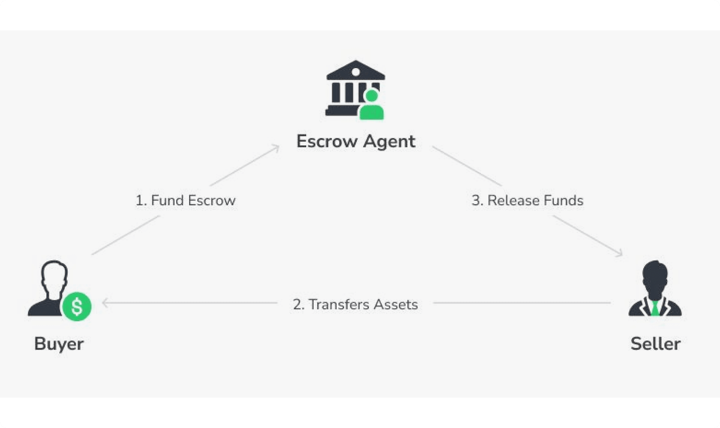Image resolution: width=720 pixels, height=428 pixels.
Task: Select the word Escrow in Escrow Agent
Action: pos(327,141)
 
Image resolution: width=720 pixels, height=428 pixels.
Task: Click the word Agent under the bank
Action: pos(389,142)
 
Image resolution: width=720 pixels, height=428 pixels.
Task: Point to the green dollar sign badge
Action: pos(77,306)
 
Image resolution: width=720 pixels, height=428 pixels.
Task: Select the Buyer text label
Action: pos(59,344)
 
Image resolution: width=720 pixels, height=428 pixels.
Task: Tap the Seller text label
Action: pos(655,344)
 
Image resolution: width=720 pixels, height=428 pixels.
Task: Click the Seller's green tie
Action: pos(655,308)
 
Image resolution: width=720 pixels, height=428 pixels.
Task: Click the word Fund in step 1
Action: pos(167,200)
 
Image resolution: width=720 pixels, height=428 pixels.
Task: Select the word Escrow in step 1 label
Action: pos(212,200)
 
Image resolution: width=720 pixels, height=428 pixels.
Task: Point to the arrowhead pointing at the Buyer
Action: pos(105,303)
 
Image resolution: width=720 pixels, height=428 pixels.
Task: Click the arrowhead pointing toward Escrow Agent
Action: pos(276,148)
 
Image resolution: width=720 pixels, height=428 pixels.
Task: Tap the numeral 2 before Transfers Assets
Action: pos(298,304)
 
